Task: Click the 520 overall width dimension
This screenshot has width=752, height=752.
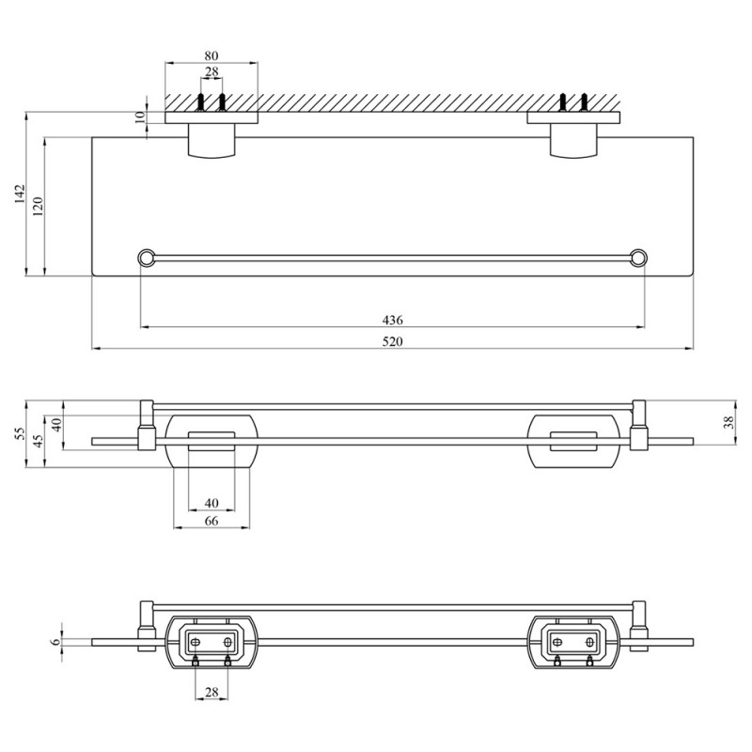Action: coord(392,341)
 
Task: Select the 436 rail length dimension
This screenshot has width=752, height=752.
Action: coord(392,320)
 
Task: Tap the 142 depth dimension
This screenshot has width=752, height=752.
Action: coord(19,194)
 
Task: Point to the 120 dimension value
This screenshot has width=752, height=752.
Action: coord(38,206)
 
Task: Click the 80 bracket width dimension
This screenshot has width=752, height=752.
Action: coord(211,55)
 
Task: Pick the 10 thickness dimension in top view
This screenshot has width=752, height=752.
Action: coord(139,117)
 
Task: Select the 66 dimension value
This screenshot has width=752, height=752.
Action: coord(211,521)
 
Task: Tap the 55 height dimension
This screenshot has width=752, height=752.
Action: coord(19,434)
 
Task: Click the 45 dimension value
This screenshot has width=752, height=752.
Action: coord(39,440)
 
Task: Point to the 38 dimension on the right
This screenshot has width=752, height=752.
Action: coord(728,422)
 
